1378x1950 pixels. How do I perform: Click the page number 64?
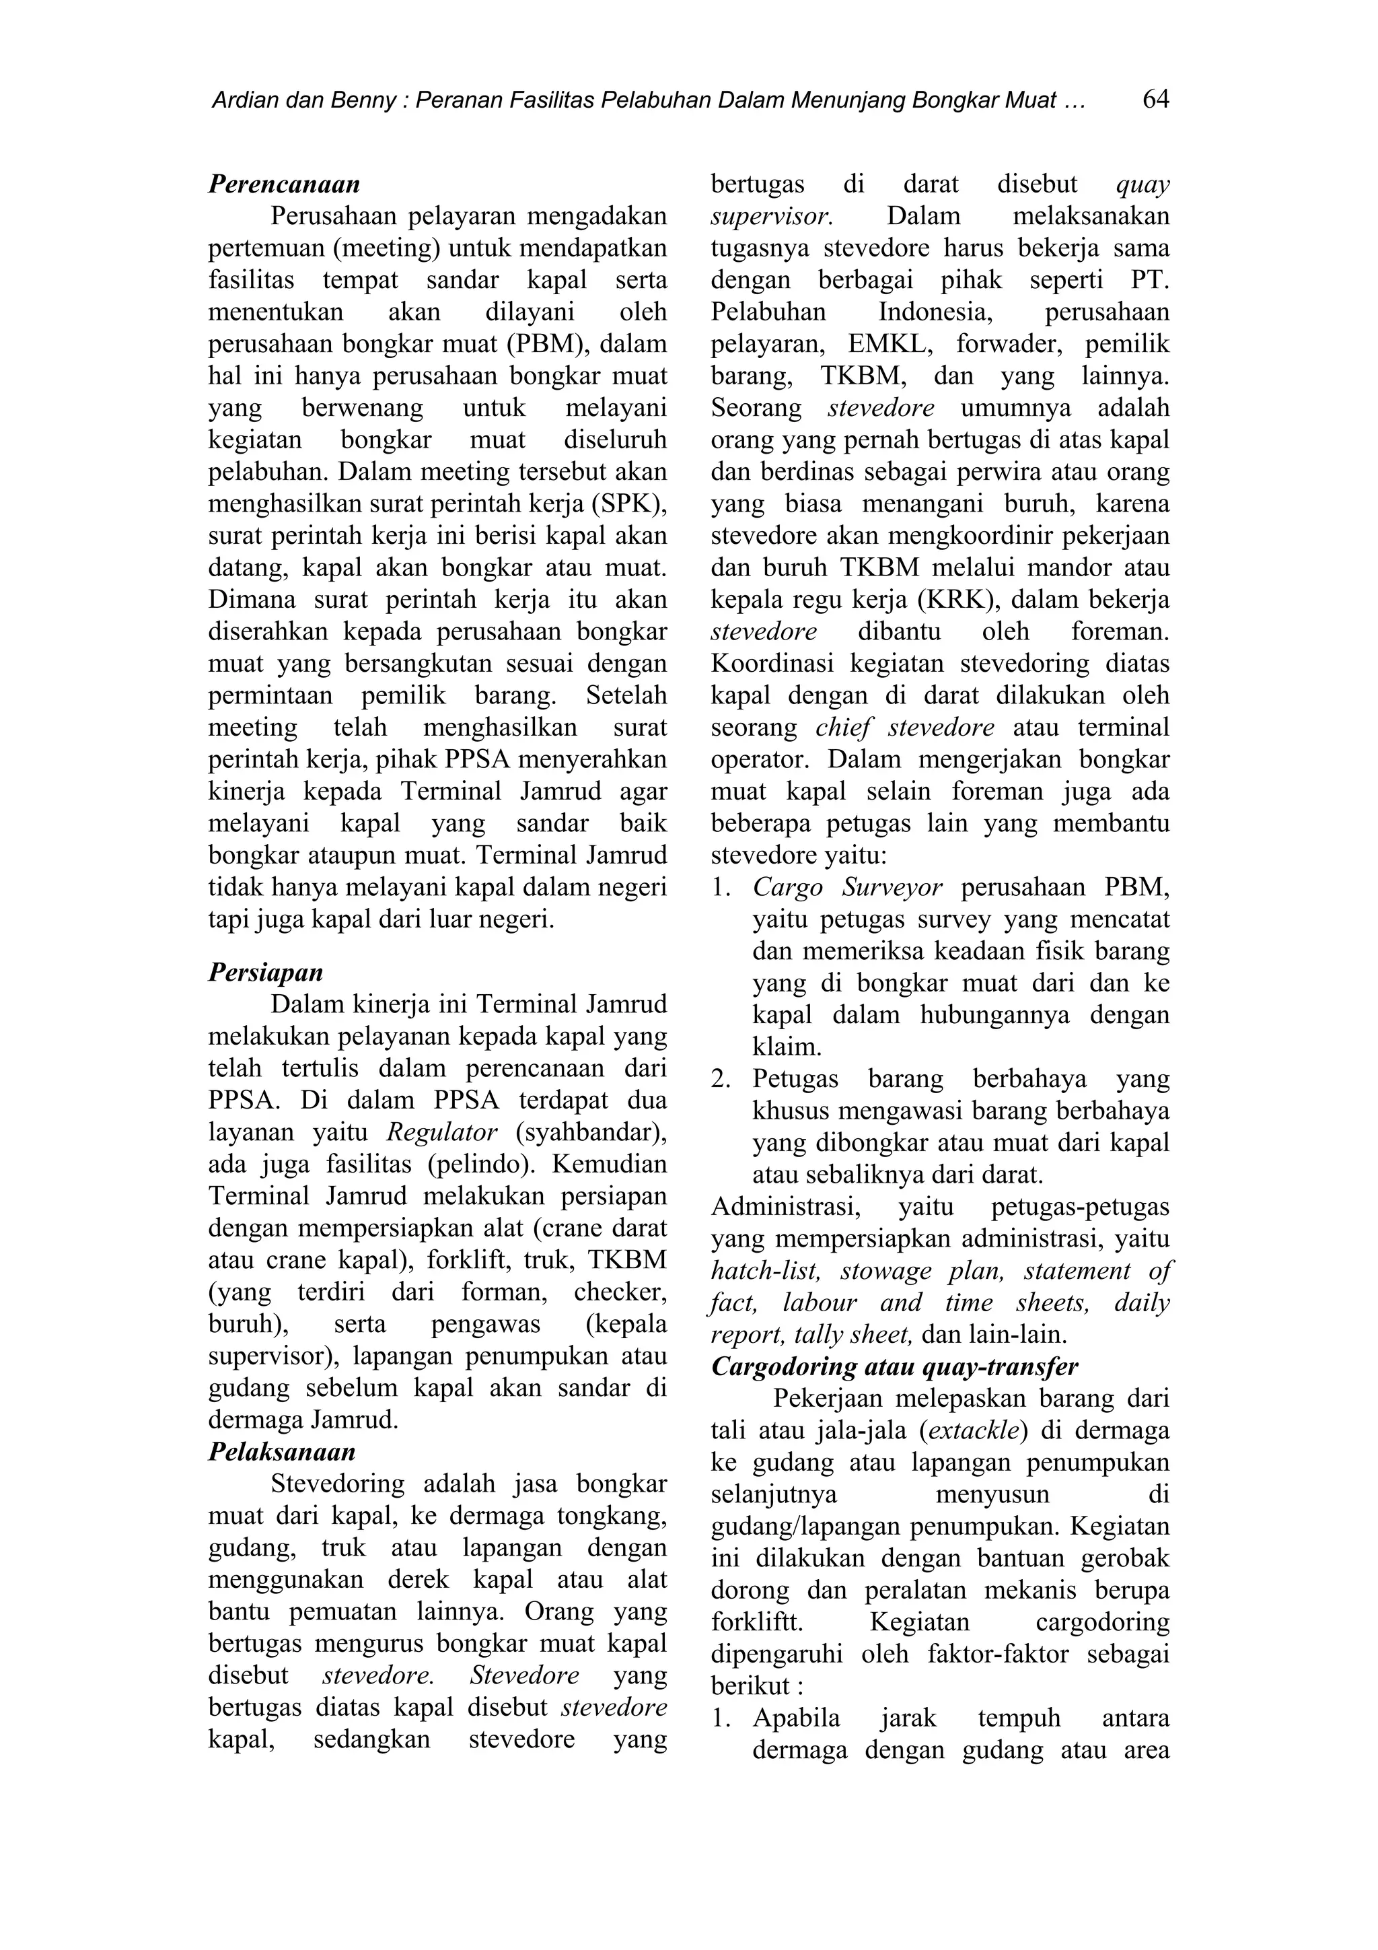click(x=1155, y=100)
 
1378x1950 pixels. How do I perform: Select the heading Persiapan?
click(x=266, y=971)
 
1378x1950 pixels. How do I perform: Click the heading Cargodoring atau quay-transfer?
click(x=894, y=1366)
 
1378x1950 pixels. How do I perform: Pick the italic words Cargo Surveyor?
click(x=846, y=888)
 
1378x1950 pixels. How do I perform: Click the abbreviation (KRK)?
click(x=954, y=600)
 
